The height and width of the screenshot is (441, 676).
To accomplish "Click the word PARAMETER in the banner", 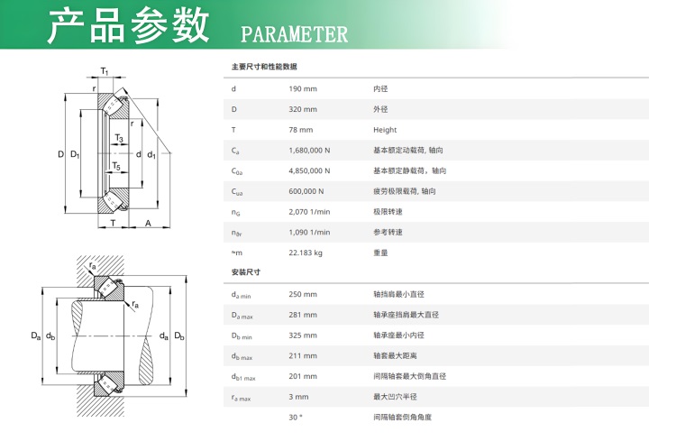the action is tap(294, 34).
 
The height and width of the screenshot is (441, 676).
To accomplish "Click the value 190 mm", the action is tap(303, 89).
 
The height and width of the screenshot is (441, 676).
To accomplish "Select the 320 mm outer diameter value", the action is tap(303, 110).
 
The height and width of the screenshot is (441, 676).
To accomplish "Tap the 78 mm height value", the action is tap(301, 130).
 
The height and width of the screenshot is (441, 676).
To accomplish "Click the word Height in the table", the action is tap(385, 130).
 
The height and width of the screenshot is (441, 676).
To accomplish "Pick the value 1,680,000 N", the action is tap(309, 151).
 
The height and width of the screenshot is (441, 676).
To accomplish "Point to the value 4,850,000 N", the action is tap(309, 170).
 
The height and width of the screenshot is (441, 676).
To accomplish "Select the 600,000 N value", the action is tap(306, 191).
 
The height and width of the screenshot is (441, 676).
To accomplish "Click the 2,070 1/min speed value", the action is tap(309, 212).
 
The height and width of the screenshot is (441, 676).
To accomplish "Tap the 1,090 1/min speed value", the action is tap(309, 232).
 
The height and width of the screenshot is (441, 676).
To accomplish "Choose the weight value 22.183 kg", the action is tap(306, 253).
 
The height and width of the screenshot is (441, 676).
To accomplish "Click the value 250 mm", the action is tap(303, 294).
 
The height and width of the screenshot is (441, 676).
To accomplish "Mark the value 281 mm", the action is tap(303, 315).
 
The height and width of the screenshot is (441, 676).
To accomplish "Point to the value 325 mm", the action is tap(303, 335).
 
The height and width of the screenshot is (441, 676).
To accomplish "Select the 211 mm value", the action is tap(303, 356).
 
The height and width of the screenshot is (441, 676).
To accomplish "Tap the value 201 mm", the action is tap(303, 376).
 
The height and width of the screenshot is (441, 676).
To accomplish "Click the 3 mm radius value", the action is tap(298, 397).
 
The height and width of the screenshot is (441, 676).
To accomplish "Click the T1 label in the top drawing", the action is tap(105, 70).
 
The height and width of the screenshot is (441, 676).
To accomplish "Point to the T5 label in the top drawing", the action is tap(116, 166).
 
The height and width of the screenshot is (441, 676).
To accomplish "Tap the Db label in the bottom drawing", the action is tap(179, 335).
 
